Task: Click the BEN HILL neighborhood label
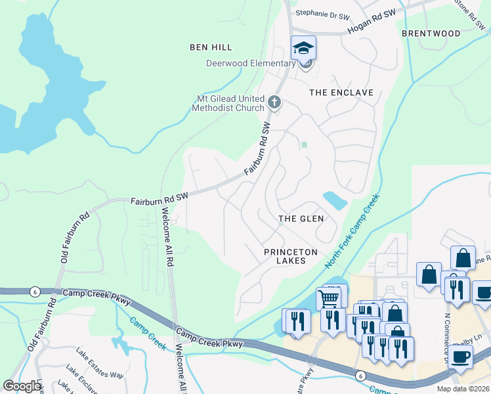(211, 47)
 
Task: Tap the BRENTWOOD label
(431, 33)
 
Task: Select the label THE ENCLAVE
(341, 93)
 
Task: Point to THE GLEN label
(301, 219)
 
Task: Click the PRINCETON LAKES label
(291, 256)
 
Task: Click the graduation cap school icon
(303, 48)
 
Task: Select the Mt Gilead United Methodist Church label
(227, 103)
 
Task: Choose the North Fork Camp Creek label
(352, 231)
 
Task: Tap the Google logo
(22, 386)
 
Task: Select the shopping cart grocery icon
(329, 299)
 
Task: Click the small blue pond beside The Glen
(335, 200)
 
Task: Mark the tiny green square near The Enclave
(303, 144)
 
